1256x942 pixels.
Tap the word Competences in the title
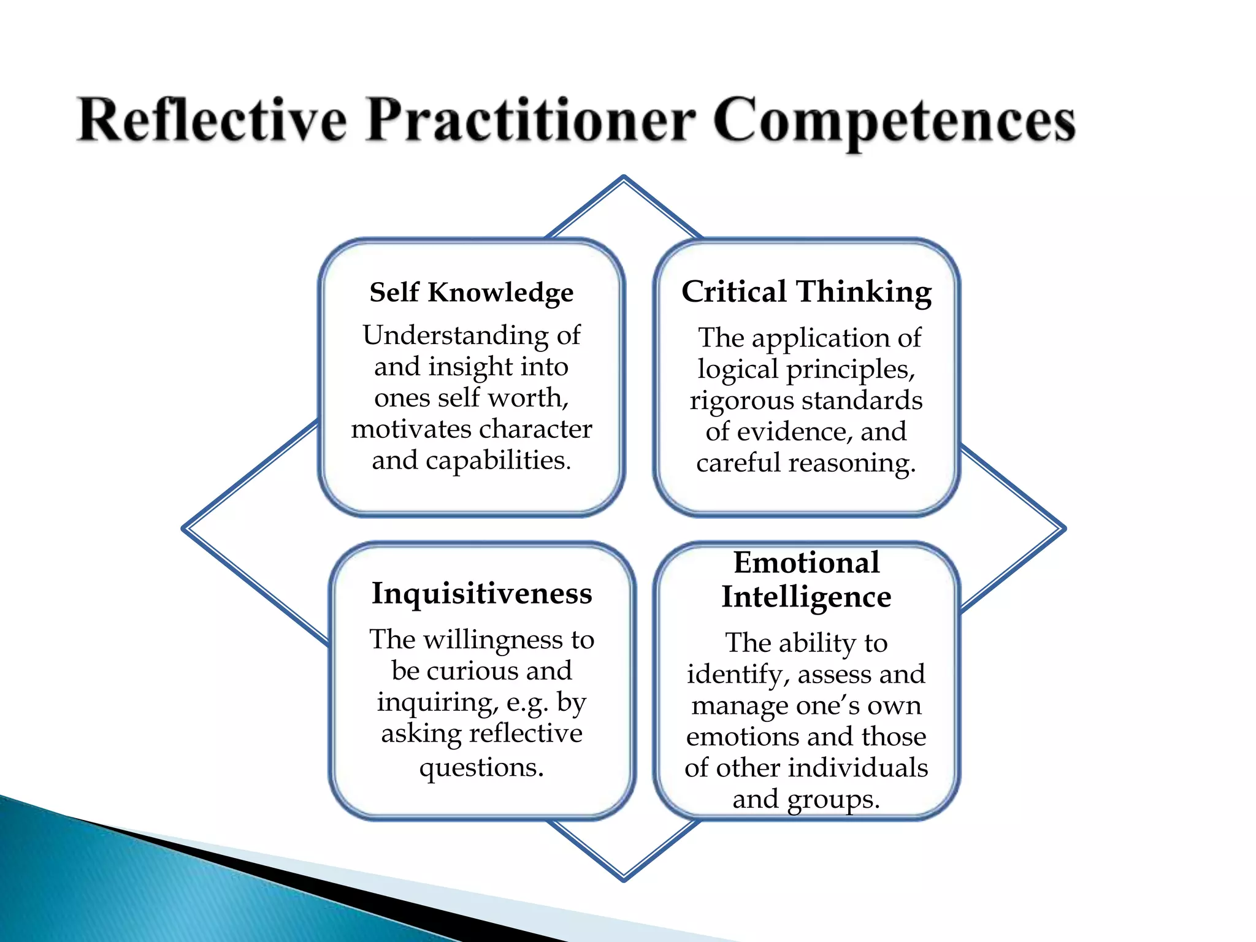[894, 121]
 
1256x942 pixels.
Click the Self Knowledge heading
[471, 293]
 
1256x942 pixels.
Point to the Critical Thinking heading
[806, 292]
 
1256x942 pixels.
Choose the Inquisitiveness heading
[482, 594]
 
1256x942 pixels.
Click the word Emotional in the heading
[806, 563]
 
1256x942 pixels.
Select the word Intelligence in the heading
[806, 597]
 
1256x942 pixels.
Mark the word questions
[481, 768]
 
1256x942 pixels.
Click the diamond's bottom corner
[624, 879]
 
